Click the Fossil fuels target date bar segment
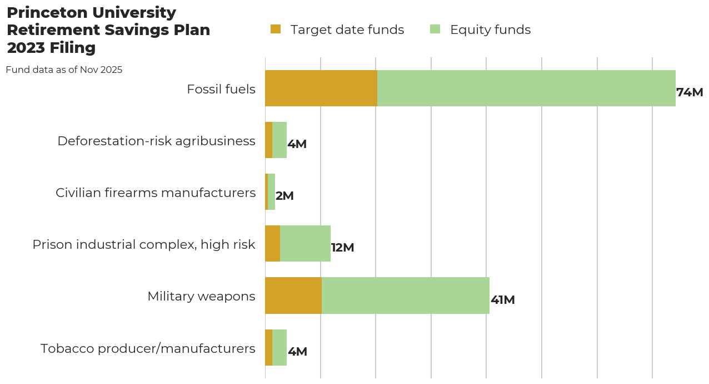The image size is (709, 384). click(321, 88)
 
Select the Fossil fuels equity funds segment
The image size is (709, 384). click(526, 88)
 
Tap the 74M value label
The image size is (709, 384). click(690, 92)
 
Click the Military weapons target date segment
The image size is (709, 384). click(293, 296)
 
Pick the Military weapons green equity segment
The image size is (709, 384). click(406, 296)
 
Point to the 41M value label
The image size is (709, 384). click(502, 300)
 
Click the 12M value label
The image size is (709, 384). click(342, 248)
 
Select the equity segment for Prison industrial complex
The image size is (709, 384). click(305, 243)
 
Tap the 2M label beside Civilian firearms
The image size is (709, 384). click(284, 196)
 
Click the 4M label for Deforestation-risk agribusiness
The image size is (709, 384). click(297, 144)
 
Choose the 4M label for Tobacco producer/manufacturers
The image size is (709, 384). click(297, 352)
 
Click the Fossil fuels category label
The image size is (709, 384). click(221, 89)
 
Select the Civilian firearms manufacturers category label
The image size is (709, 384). click(156, 193)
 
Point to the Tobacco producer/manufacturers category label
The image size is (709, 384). click(148, 348)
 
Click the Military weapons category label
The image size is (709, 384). click(201, 296)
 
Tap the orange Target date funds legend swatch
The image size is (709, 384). click(276, 29)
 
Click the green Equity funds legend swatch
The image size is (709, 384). click(435, 29)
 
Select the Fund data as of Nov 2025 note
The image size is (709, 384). click(64, 70)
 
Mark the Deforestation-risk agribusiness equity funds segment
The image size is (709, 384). click(279, 140)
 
